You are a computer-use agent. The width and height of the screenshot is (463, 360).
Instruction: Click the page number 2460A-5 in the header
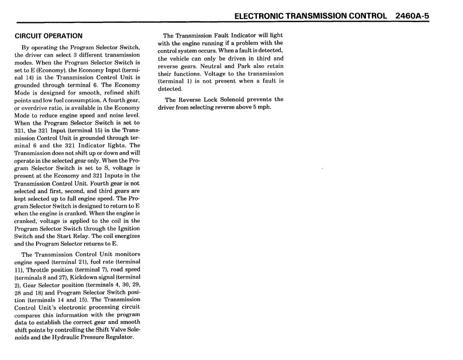click(411, 16)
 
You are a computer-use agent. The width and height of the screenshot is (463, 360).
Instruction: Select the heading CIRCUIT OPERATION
click(49, 36)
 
